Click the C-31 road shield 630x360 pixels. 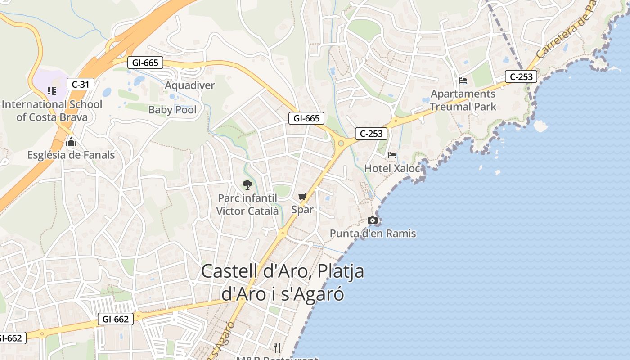[80, 84]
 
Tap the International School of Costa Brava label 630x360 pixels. [52, 111]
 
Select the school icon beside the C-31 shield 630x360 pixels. [52, 91]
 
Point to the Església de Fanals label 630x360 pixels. [71, 155]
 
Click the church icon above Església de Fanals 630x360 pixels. [71, 143]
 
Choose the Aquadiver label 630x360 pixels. [190, 85]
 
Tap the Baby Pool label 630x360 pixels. [172, 110]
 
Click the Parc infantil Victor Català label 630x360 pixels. [247, 204]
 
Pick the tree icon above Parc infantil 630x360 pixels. [247, 184]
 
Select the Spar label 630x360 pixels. [302, 209]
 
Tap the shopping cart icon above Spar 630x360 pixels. [302, 196]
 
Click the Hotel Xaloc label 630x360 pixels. [392, 168]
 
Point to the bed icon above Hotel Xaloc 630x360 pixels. [392, 155]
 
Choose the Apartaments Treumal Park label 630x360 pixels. [463, 100]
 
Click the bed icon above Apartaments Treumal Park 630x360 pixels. [463, 81]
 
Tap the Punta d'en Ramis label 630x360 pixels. [373, 234]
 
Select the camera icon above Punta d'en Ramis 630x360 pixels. [373, 220]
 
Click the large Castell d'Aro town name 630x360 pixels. [283, 282]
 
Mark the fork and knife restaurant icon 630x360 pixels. [277, 347]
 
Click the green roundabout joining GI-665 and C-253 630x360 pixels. [341, 144]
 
